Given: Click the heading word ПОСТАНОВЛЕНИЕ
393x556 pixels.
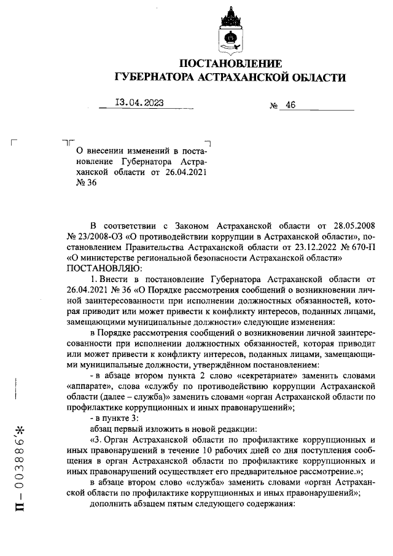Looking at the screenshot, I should [x=230, y=63].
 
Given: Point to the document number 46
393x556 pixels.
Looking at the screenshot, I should [x=290, y=105].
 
